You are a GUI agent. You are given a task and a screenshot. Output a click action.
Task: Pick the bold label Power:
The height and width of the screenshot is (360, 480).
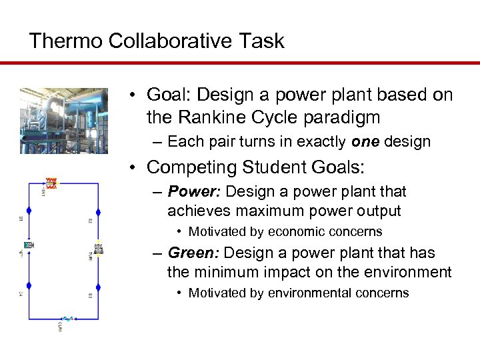coord(195,192)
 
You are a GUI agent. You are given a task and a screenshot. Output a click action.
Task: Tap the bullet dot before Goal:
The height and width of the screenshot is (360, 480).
coord(134,95)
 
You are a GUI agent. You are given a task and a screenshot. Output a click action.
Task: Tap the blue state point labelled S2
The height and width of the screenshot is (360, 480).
coord(98,213)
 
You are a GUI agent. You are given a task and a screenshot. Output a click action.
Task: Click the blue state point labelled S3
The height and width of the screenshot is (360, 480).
coord(98,287)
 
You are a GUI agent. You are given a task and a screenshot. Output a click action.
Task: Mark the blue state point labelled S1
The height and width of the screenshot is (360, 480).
coord(28,213)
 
